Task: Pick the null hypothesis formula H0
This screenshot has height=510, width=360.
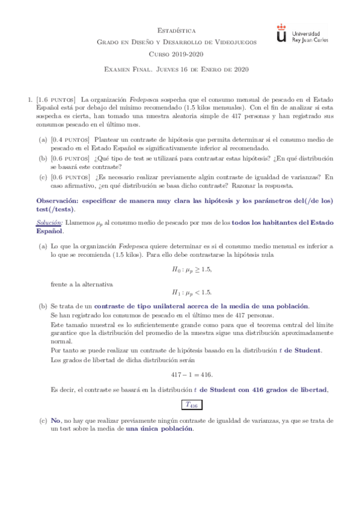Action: (191, 269)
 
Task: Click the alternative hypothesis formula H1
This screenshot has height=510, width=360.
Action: (191, 293)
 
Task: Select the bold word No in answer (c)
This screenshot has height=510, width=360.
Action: (56, 421)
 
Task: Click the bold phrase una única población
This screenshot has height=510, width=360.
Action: (160, 429)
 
